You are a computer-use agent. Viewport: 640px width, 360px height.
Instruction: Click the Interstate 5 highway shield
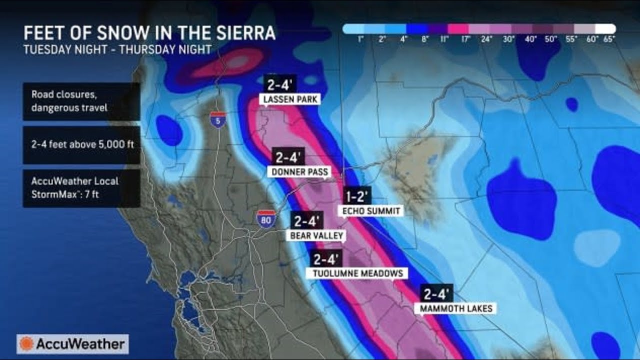coord(218,119)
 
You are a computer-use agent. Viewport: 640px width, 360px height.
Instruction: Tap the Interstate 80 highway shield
coord(266,219)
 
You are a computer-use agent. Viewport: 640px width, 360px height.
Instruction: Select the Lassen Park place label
coord(290,99)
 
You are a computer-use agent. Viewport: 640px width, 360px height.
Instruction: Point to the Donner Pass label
coord(299,172)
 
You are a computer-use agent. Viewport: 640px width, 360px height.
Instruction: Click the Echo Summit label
coord(371,211)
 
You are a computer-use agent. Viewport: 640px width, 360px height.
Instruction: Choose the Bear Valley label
coord(314,235)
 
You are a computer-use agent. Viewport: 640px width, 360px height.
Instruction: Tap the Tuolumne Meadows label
coord(357,273)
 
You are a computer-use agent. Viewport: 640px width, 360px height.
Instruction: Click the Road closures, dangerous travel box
coord(81,101)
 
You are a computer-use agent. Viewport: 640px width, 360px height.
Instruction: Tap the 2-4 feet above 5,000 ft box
coord(81,145)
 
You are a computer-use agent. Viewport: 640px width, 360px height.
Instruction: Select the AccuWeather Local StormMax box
coord(81,188)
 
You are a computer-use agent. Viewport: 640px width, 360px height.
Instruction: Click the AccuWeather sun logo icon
coord(26,344)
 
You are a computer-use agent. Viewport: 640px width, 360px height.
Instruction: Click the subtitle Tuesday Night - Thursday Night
coord(117,49)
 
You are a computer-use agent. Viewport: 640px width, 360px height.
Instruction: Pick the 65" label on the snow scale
coord(609,38)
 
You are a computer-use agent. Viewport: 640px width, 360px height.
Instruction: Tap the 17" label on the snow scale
coord(465,38)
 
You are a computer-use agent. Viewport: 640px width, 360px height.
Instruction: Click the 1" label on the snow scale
coord(360,38)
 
